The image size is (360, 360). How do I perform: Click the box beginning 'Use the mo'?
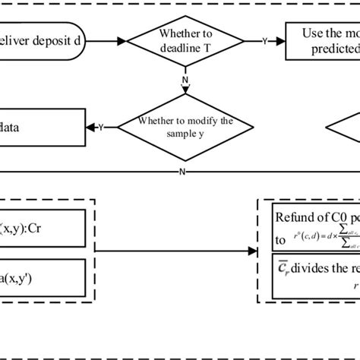pos(323,40)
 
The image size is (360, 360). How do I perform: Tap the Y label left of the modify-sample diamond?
pos(101,128)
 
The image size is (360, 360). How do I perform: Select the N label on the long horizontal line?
pos(182,172)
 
